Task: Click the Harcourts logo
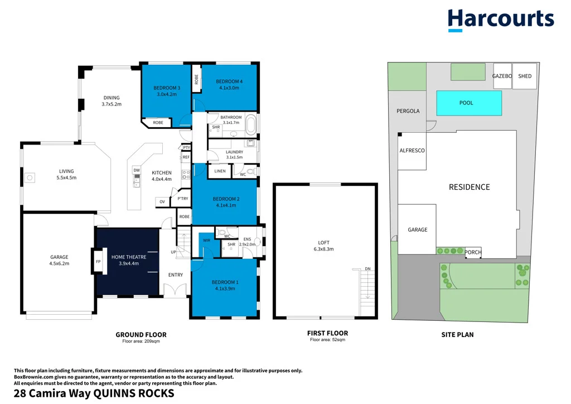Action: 501,20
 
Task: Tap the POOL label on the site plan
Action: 466,103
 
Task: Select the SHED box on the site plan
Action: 525,76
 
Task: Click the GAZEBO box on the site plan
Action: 502,76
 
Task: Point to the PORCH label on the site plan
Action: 473,252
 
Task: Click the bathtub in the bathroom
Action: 251,125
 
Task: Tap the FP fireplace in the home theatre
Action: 98,261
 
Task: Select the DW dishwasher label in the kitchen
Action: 137,170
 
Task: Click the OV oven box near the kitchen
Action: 162,202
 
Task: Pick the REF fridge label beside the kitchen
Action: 186,157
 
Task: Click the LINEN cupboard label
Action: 220,171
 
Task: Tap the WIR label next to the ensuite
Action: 206,241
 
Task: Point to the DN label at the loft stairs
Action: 368,269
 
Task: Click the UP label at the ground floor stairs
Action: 173,252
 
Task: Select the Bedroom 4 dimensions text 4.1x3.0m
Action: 229,88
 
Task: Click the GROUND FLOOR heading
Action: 141,334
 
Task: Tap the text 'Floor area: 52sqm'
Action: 327,339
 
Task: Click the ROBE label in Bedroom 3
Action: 158,122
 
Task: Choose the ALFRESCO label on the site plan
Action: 412,151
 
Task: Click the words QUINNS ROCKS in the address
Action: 134,393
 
